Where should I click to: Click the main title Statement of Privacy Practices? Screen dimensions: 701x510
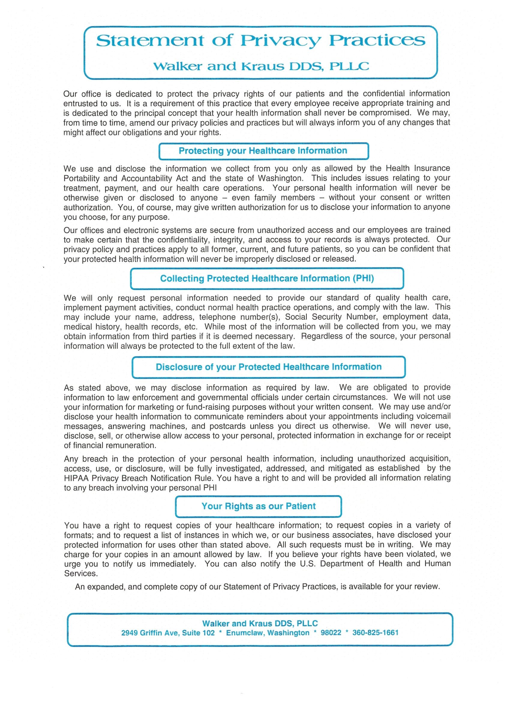pos(260,41)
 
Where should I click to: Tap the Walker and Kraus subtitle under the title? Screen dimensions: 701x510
pos(261,66)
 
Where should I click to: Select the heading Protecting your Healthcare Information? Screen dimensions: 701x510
pos(263,151)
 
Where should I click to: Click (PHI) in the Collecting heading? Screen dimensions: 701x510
pos(363,278)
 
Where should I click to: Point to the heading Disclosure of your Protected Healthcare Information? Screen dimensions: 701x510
pos(268,367)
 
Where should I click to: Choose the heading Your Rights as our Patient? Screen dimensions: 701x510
pos(259,506)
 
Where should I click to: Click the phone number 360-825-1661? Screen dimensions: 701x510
pos(375,633)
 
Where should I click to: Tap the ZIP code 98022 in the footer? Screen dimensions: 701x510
pos(331,633)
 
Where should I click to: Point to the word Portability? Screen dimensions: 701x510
pos(81,179)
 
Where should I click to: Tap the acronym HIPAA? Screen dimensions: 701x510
pos(76,478)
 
